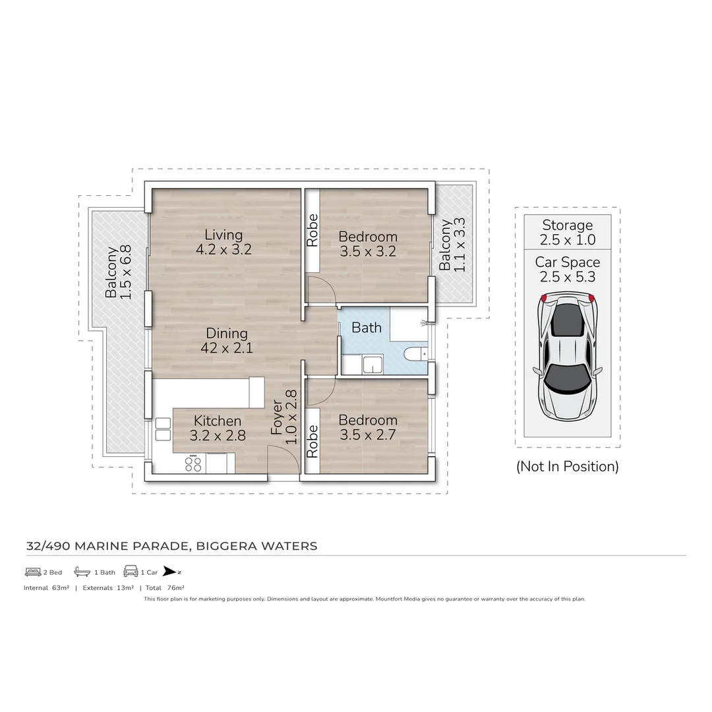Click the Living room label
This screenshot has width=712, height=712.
coord(223,235)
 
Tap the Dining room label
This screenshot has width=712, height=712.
coord(227,334)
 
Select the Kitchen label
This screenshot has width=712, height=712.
coord(218,421)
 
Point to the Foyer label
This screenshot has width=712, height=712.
coord(278,417)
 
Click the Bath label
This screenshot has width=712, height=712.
coord(366,327)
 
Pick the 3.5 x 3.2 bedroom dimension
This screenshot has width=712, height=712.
coord(368,251)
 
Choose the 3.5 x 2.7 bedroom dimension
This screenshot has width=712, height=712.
coord(368,435)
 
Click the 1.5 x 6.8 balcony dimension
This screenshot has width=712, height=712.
coord(126,272)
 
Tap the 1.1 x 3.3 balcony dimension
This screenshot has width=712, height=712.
coord(460,245)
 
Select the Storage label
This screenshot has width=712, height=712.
coord(568,225)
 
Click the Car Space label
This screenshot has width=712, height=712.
coord(568,262)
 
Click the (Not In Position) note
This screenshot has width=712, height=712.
coord(568,467)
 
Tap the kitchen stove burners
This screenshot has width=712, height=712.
coord(193,463)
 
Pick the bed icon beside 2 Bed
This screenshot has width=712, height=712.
coord(33,572)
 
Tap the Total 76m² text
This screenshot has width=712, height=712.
coord(165,587)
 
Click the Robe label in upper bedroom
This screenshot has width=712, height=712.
coord(312,231)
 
